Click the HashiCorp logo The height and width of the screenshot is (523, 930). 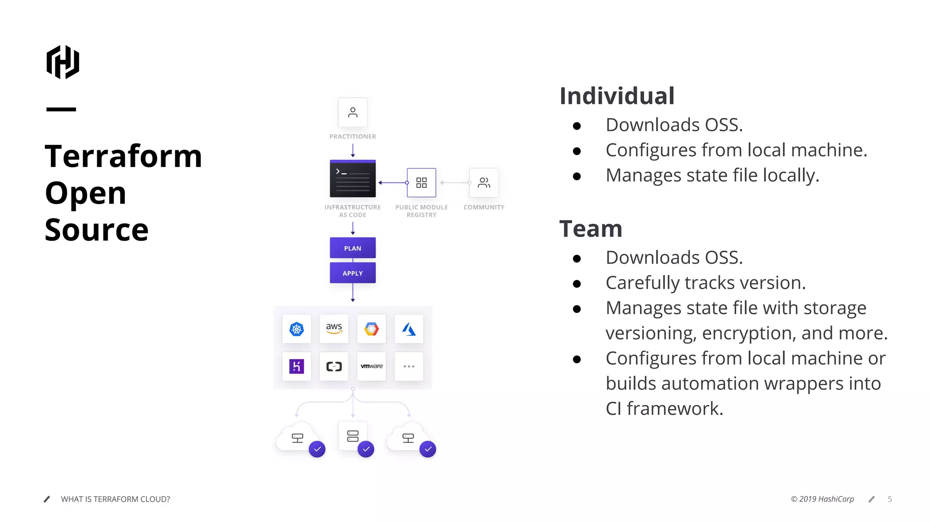(63, 62)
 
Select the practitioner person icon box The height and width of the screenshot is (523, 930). (352, 112)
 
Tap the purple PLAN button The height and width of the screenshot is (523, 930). (352, 248)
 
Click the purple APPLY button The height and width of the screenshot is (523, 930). (352, 273)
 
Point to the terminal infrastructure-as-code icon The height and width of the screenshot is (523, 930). (352, 178)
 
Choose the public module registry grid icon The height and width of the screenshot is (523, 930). (421, 183)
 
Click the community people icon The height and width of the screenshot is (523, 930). (484, 183)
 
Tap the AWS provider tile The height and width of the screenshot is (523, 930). (334, 329)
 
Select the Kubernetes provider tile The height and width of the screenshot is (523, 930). (297, 329)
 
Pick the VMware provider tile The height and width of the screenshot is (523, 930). (371, 366)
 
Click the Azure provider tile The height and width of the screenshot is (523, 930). (409, 329)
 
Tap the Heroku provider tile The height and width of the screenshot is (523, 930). (297, 366)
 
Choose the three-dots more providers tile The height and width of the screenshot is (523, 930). (409, 366)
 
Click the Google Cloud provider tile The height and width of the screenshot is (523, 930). (371, 329)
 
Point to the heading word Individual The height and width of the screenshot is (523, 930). (617, 96)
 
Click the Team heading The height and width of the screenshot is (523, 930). (590, 229)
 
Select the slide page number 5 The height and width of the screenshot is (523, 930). (890, 499)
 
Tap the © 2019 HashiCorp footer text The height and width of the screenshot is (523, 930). (822, 499)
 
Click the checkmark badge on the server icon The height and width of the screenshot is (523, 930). (366, 449)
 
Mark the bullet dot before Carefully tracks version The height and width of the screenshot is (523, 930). (577, 284)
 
